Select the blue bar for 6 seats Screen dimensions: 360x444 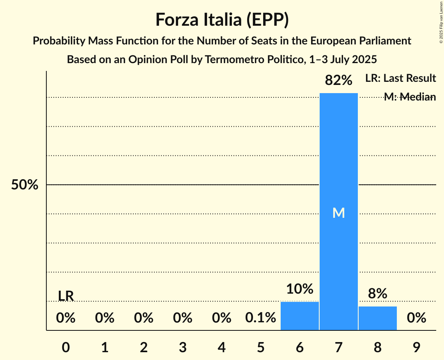click(299, 316)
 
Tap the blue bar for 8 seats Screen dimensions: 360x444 click(377, 318)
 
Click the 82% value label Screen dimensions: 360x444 click(338, 81)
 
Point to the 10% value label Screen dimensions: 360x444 click(299, 289)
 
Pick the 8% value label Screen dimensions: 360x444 click(377, 294)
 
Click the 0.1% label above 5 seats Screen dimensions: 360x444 click(260, 318)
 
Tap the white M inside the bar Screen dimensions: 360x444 click(338, 213)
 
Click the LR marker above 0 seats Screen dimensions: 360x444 click(66, 296)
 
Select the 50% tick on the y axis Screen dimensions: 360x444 click(25, 185)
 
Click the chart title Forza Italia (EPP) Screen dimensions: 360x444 click(222, 19)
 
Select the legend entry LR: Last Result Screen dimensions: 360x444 click(400, 78)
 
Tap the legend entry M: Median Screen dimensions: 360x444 click(409, 97)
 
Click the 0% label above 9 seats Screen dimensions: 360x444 click(416, 318)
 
